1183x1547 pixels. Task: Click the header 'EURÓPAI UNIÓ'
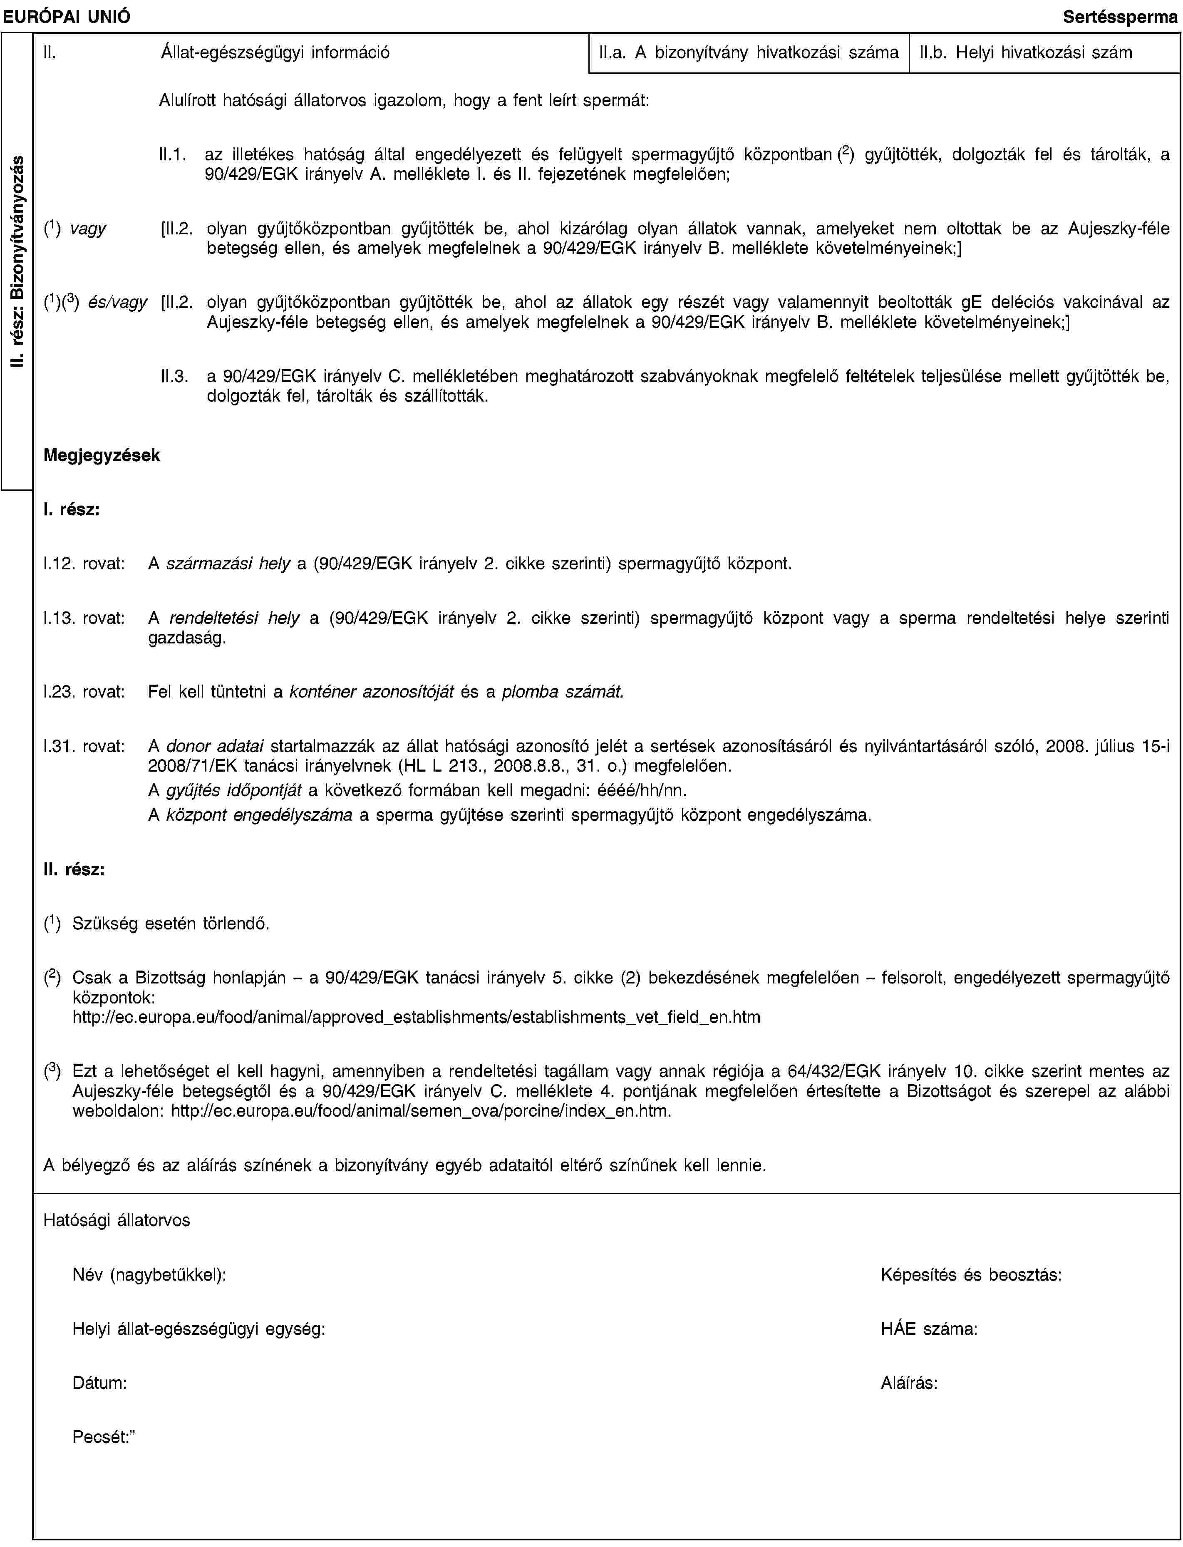point(65,15)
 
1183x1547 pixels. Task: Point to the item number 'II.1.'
point(173,154)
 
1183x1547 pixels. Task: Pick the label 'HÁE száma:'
point(928,1329)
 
